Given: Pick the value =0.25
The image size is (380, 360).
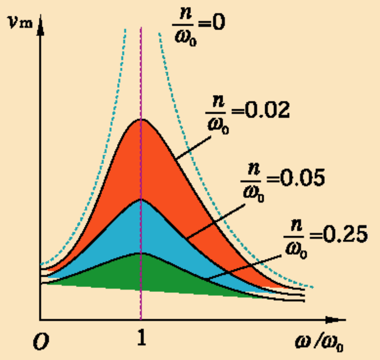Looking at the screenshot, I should point(338,235).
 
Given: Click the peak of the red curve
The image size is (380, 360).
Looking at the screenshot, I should point(141,119).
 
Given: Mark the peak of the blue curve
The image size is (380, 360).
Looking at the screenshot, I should point(141,199).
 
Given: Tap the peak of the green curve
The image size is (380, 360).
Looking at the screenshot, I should point(141,253).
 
